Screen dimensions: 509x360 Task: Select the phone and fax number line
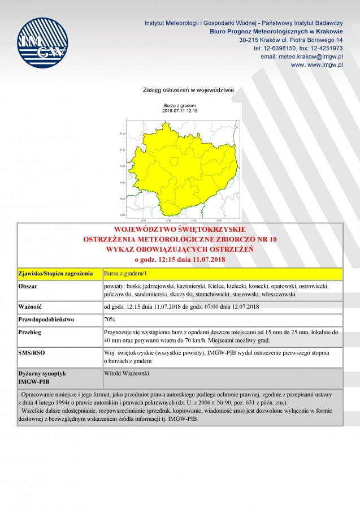click(298, 49)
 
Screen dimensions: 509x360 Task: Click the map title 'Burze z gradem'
click(179, 106)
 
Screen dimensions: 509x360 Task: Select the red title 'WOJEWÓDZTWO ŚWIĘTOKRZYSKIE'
click(180, 230)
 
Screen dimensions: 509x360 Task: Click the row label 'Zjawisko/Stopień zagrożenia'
click(56, 274)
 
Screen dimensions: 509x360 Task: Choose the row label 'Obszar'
click(29, 287)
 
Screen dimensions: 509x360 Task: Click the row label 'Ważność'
click(32, 307)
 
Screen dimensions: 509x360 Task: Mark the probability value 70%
click(110, 319)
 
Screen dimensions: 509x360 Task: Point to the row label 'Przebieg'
click(32, 332)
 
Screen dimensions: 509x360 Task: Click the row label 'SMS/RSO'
click(33, 352)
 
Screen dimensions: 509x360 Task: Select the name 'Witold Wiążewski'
click(127, 374)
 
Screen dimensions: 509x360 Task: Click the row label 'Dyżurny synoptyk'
click(42, 374)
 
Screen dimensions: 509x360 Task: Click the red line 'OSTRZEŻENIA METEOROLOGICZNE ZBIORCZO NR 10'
click(180, 240)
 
